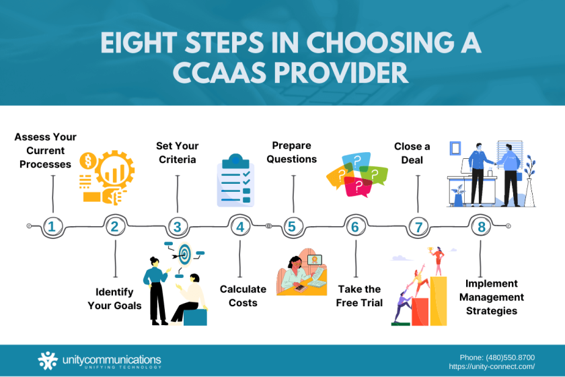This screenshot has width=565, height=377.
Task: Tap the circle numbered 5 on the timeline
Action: [291, 226]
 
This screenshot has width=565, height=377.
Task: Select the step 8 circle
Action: [481, 226]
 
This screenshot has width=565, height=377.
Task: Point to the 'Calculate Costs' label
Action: [243, 296]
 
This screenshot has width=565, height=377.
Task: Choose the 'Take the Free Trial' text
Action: [359, 296]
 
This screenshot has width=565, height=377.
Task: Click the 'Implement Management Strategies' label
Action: [494, 297]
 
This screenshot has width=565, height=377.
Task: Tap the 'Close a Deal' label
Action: [413, 153]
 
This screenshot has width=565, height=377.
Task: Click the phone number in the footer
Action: [497, 357]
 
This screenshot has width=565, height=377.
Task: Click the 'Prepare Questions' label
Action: [295, 152]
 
